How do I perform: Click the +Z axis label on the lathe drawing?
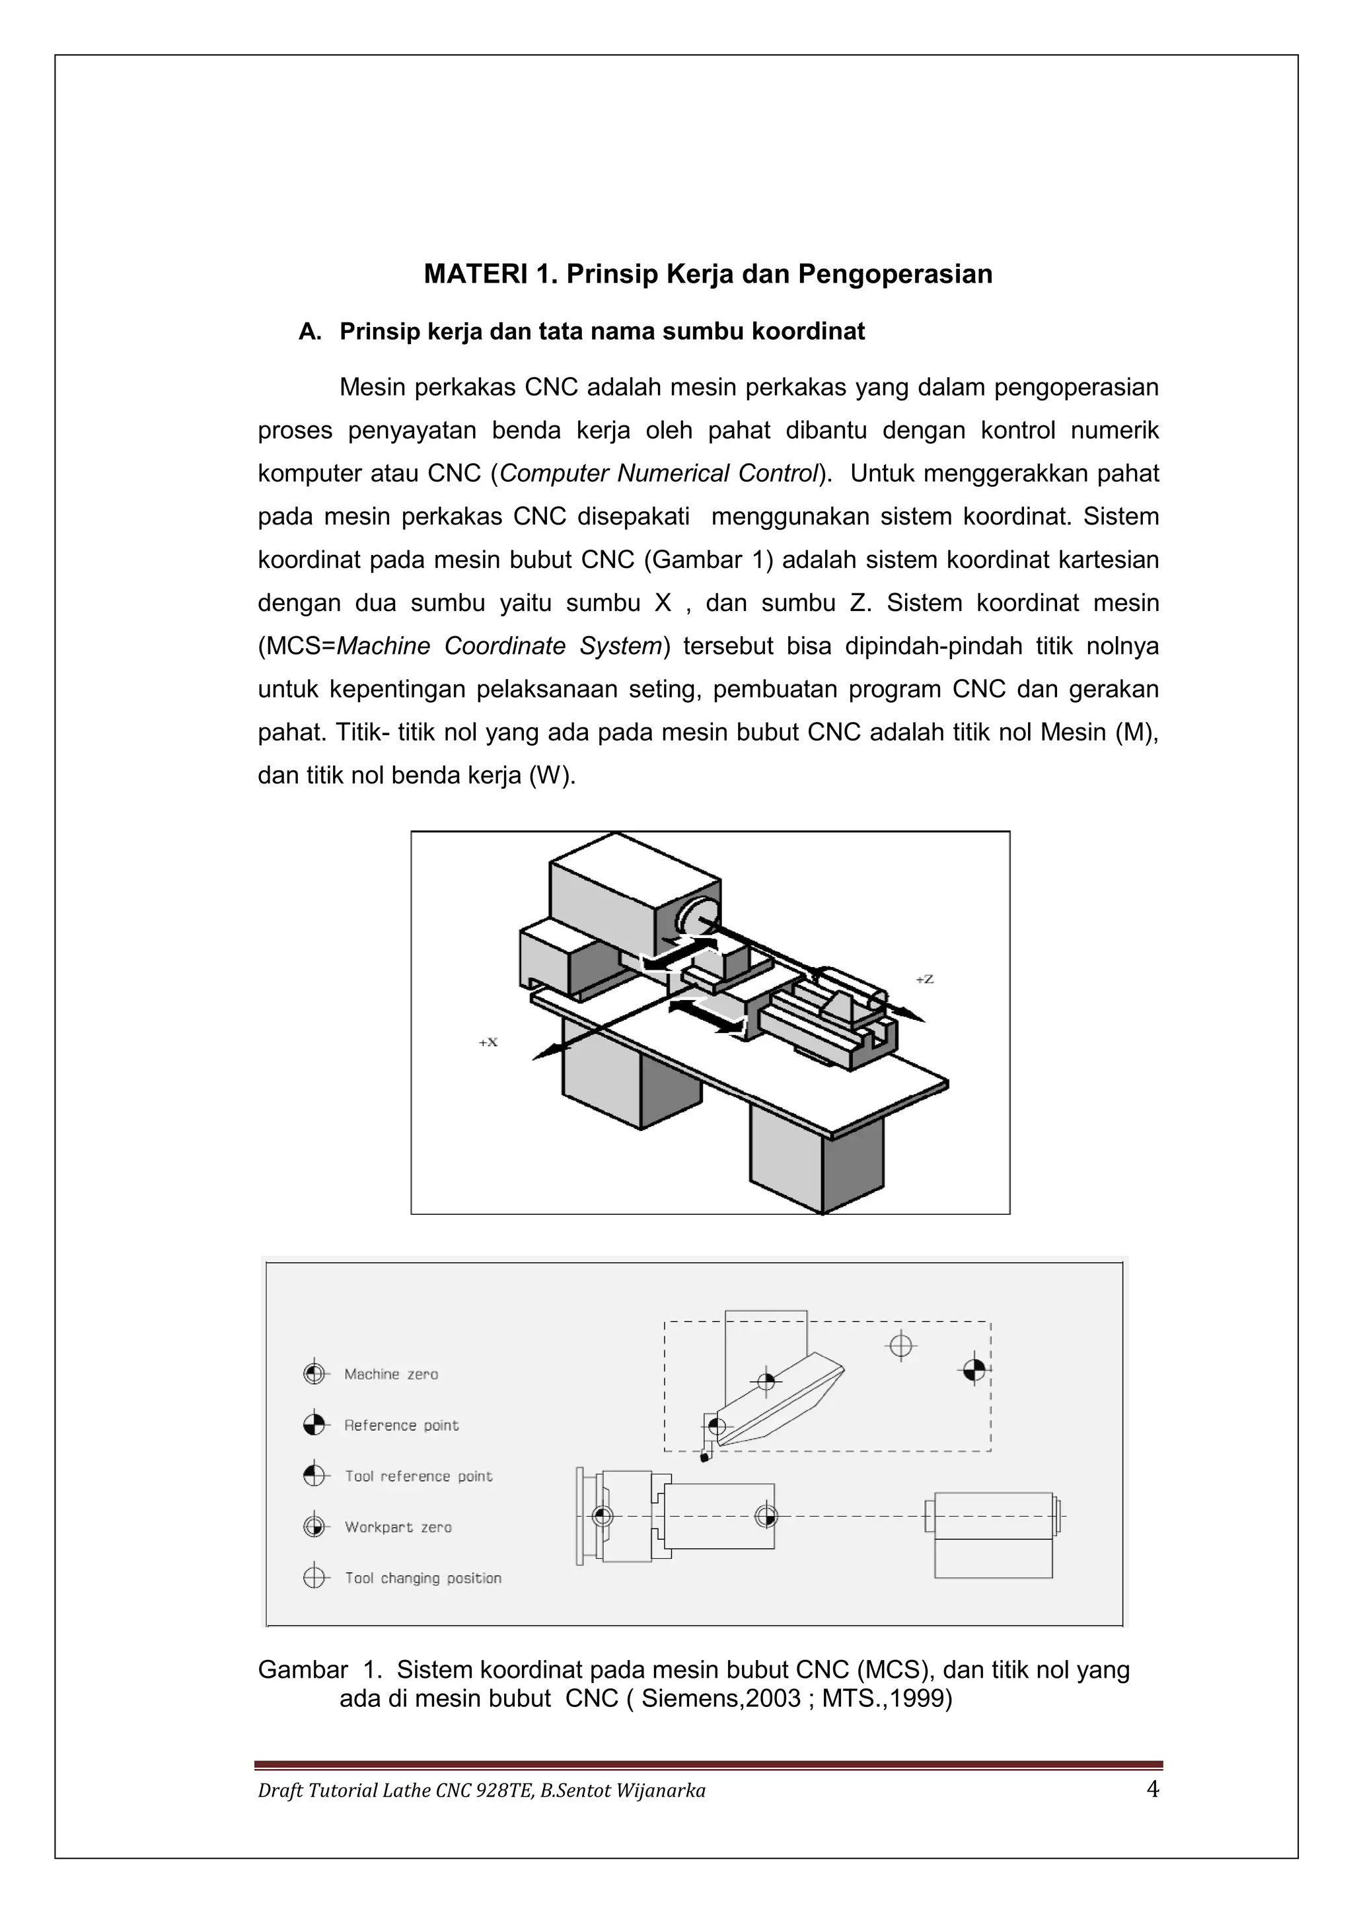(925, 979)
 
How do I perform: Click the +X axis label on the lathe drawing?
(488, 1042)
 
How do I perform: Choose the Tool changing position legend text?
(423, 1578)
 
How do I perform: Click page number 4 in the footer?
(1152, 1789)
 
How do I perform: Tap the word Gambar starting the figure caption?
(303, 1670)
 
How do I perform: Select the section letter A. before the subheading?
(310, 332)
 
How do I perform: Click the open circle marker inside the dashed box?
(900, 1345)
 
